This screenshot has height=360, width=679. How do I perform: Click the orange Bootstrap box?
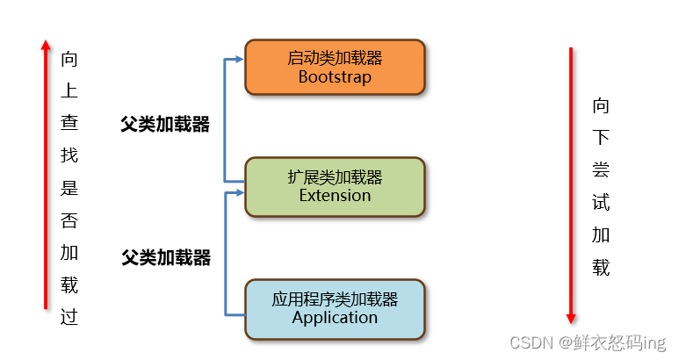coord(335,67)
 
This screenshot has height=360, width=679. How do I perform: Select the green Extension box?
coord(335,186)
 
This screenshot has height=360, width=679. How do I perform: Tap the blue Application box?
coord(335,308)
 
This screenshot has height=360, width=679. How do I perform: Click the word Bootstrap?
coord(335,76)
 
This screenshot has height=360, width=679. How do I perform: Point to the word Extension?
coord(335,195)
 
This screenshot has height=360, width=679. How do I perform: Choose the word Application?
coord(335,317)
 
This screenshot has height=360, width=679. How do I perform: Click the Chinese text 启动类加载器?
coord(335,58)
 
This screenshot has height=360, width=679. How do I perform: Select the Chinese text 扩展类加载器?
coord(335,176)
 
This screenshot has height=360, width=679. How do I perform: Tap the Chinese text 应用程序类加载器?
coord(335,299)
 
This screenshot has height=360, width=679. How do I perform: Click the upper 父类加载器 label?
coord(165,125)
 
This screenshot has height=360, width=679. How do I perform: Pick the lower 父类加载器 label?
coord(166,257)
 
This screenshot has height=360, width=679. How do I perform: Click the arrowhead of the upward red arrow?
coord(46,44)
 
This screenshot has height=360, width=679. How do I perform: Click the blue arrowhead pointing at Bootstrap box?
coord(238,60)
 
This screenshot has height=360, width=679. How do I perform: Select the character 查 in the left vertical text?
coord(69,124)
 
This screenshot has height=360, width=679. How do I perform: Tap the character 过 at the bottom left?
coord(69,317)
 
